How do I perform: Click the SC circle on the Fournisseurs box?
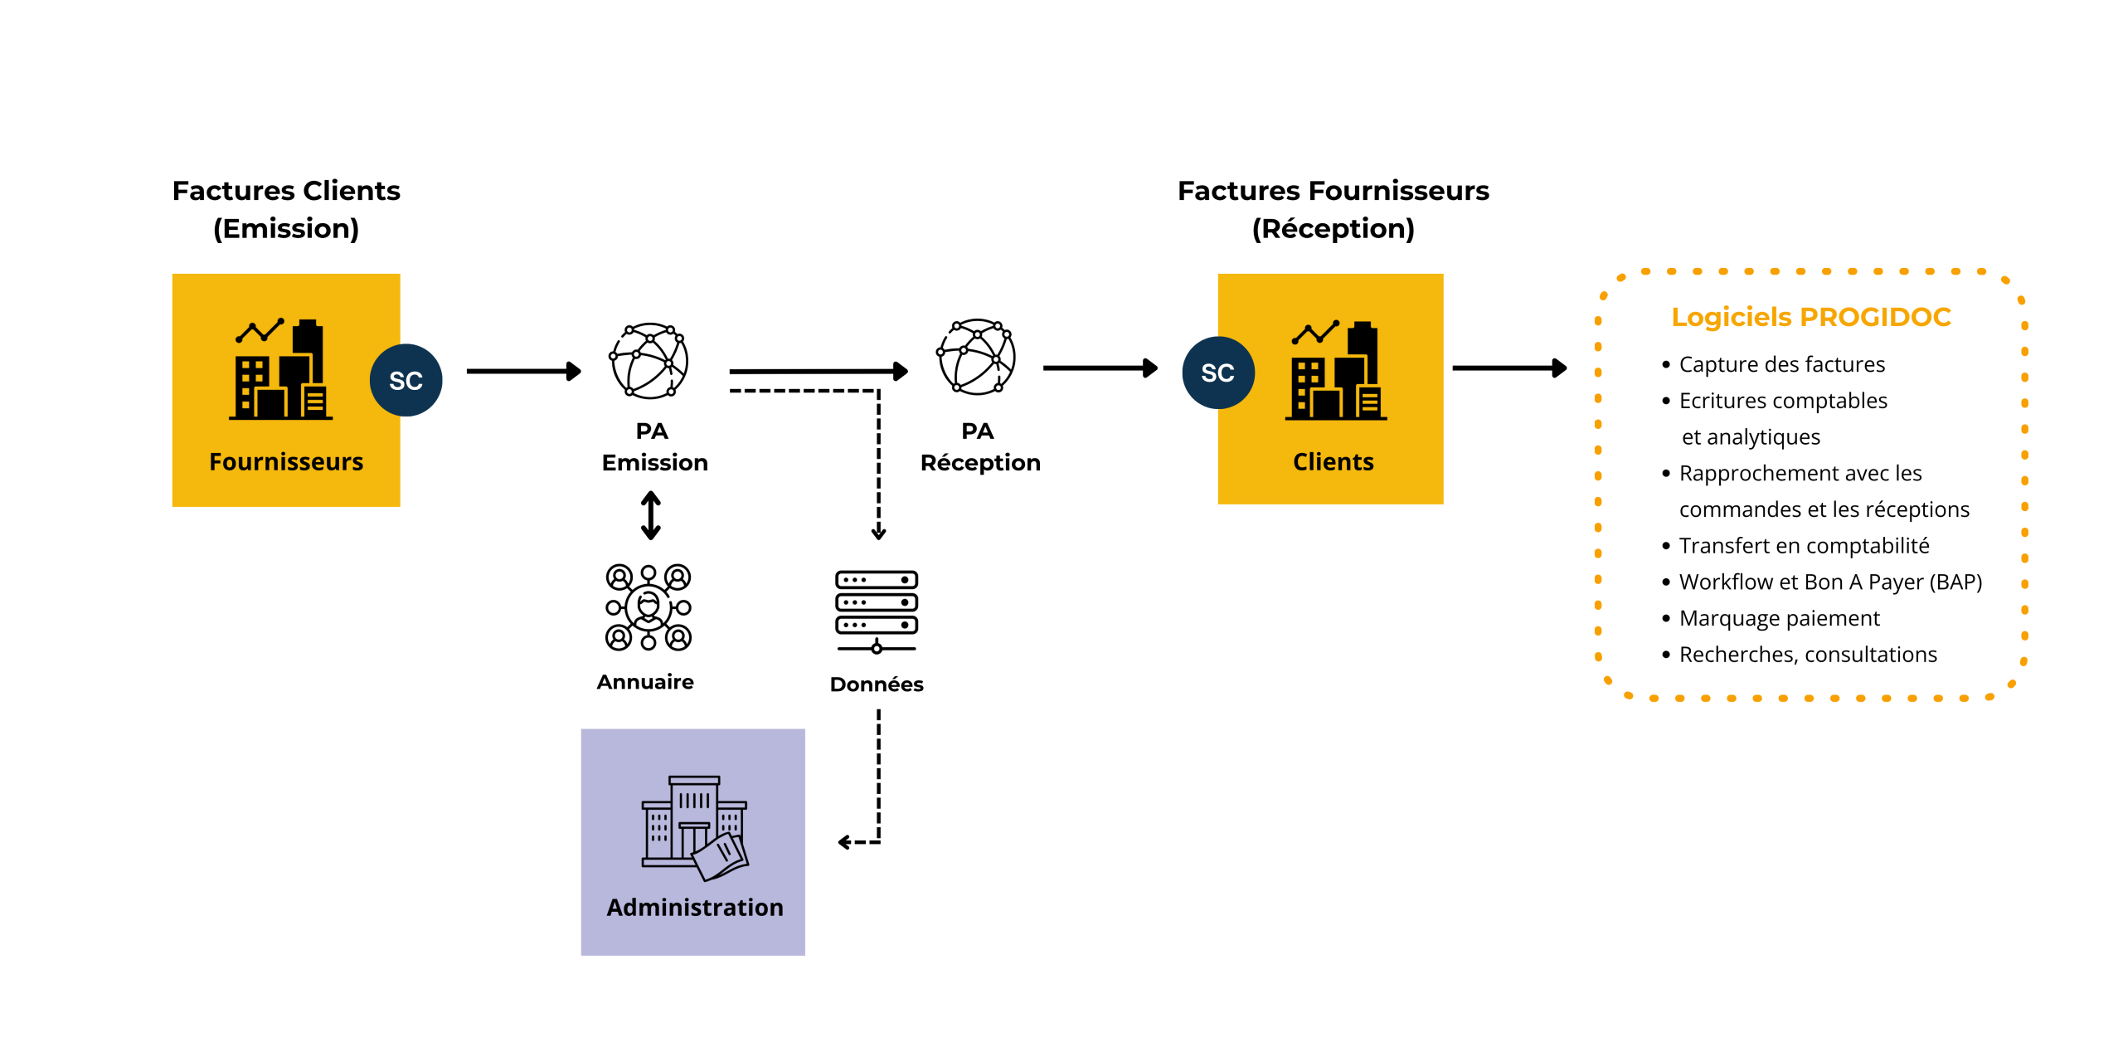pyautogui.click(x=406, y=380)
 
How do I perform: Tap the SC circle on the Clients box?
pyautogui.click(x=1217, y=373)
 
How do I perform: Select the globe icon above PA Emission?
pyautogui.click(x=649, y=361)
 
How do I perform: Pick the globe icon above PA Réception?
pyautogui.click(x=976, y=357)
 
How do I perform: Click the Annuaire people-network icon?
pyautogui.click(x=649, y=607)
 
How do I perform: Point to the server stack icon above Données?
pyautogui.click(x=877, y=611)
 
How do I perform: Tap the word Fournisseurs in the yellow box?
pyautogui.click(x=286, y=461)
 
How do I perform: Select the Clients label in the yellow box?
pyautogui.click(x=1333, y=461)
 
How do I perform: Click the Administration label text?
pyautogui.click(x=694, y=907)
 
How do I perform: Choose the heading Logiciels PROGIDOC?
pyautogui.click(x=1810, y=317)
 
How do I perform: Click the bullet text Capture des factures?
pyautogui.click(x=1781, y=364)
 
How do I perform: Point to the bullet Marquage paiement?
pyautogui.click(x=1779, y=618)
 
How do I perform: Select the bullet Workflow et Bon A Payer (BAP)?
pyautogui.click(x=1829, y=582)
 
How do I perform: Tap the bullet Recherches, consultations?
pyautogui.click(x=1807, y=655)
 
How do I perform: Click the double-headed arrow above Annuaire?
pyautogui.click(x=651, y=515)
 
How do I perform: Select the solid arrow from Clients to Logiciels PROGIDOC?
pyautogui.click(x=1508, y=368)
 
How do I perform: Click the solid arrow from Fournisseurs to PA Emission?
pyautogui.click(x=523, y=371)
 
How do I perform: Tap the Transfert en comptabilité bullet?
pyautogui.click(x=1804, y=545)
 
